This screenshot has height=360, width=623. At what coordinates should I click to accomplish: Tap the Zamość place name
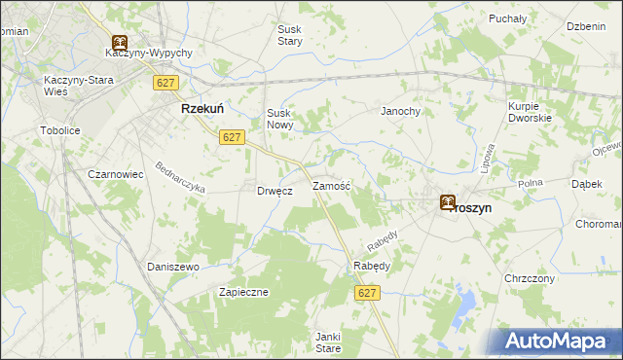click(x=331, y=185)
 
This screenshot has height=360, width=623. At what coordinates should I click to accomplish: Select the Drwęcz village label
click(x=275, y=192)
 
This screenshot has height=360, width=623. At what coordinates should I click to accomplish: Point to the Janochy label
click(x=400, y=112)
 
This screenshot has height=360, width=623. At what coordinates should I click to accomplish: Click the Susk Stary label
click(x=289, y=36)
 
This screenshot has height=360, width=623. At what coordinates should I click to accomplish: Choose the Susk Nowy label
click(x=280, y=119)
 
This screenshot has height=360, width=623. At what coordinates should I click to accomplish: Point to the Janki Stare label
click(x=327, y=342)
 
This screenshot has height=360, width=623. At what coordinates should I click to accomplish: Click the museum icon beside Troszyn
click(x=447, y=202)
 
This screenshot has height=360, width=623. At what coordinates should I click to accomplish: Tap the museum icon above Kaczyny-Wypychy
click(x=119, y=43)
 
